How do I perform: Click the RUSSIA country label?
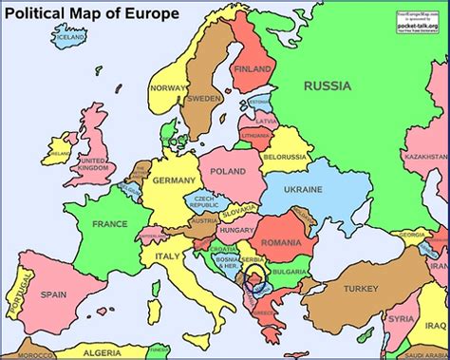[328, 86]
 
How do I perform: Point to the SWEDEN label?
[204, 98]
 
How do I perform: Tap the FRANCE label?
[109, 224]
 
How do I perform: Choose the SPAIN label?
[54, 294]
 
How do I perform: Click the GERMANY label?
[174, 180]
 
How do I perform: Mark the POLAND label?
[228, 172]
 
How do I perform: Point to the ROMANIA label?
[281, 244]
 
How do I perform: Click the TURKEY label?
[361, 289]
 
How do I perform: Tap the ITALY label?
[168, 257]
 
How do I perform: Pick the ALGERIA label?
[103, 352]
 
